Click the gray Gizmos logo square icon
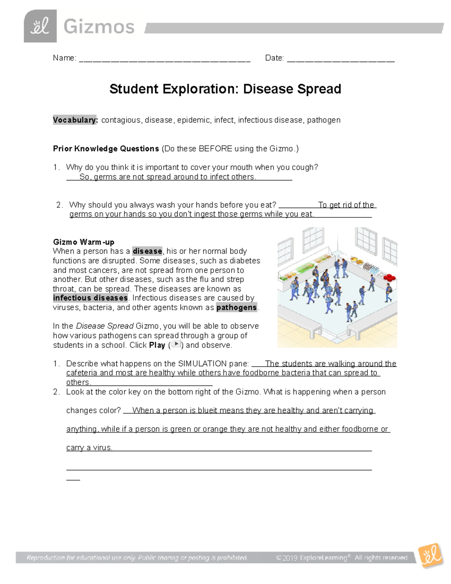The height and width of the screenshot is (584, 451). pyautogui.click(x=40, y=26)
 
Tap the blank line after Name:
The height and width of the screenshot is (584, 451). pyautogui.click(x=165, y=59)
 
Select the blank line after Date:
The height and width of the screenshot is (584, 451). pyautogui.click(x=341, y=59)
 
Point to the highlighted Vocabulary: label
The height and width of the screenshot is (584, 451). pyautogui.click(x=75, y=120)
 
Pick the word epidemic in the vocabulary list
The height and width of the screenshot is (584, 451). pyautogui.click(x=194, y=120)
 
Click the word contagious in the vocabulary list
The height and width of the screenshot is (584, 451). pyautogui.click(x=121, y=120)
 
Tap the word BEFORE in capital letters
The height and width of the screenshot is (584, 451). pyautogui.click(x=215, y=149)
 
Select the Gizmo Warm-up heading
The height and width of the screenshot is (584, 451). pyautogui.click(x=83, y=242)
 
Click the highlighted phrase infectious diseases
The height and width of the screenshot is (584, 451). pyautogui.click(x=90, y=298)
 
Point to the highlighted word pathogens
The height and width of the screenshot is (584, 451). pyautogui.click(x=236, y=307)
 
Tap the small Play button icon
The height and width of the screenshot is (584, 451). pyautogui.click(x=176, y=344)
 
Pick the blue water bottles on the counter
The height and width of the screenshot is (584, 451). pyautogui.click(x=374, y=269)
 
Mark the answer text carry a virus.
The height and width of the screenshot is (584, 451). pyautogui.click(x=89, y=447)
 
